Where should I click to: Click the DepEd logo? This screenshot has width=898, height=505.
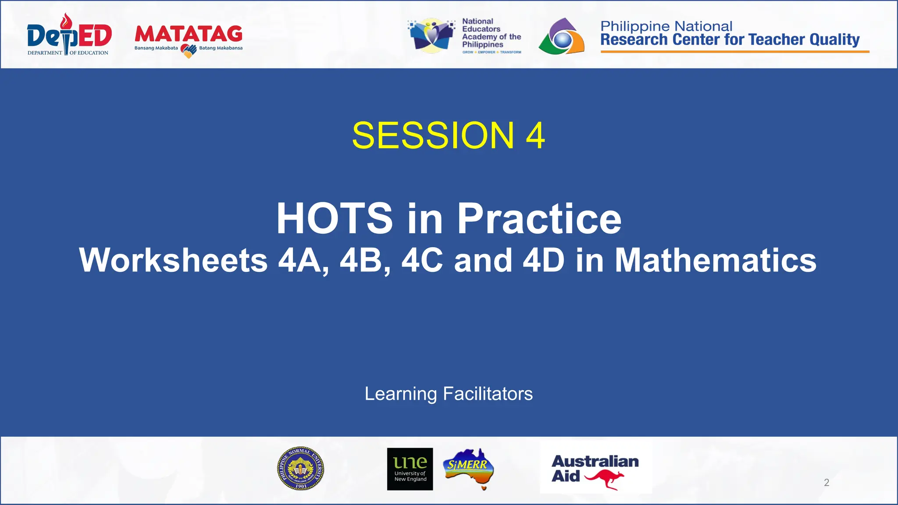click(x=69, y=35)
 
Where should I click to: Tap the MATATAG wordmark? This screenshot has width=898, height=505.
click(x=188, y=34)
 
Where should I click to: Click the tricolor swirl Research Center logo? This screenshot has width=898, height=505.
click(x=562, y=37)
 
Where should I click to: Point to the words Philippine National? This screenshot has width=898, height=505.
click(x=666, y=26)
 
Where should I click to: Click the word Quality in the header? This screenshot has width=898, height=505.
click(x=834, y=40)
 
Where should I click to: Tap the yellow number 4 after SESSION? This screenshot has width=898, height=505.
click(x=535, y=135)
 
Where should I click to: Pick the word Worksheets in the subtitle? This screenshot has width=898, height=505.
click(x=173, y=260)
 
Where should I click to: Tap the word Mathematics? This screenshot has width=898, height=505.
click(x=715, y=260)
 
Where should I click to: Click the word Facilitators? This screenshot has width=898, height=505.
click(x=488, y=394)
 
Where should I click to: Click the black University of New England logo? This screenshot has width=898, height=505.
click(x=410, y=469)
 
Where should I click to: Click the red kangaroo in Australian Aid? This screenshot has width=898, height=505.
click(x=605, y=479)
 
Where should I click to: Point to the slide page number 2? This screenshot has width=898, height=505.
click(x=827, y=483)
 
